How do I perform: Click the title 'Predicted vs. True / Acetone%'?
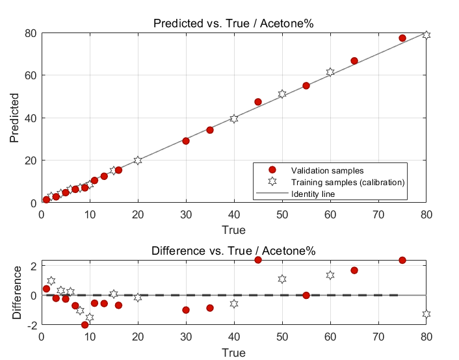(x=233, y=24)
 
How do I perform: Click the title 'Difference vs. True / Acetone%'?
(x=233, y=251)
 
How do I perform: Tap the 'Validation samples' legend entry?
(x=322, y=170)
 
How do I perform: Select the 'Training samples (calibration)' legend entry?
(x=348, y=182)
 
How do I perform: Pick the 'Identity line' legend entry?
(x=313, y=194)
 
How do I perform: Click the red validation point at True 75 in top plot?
(x=402, y=38)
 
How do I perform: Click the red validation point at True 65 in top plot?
(x=354, y=61)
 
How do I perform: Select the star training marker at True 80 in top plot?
(x=426, y=34)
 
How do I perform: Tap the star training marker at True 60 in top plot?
(x=330, y=72)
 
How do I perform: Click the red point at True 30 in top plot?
(x=186, y=140)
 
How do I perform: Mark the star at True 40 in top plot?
(x=234, y=118)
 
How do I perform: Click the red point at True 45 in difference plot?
(x=258, y=260)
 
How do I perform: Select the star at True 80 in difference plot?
(x=426, y=314)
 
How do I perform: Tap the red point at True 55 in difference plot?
(x=306, y=295)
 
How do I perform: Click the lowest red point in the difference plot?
(x=85, y=324)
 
